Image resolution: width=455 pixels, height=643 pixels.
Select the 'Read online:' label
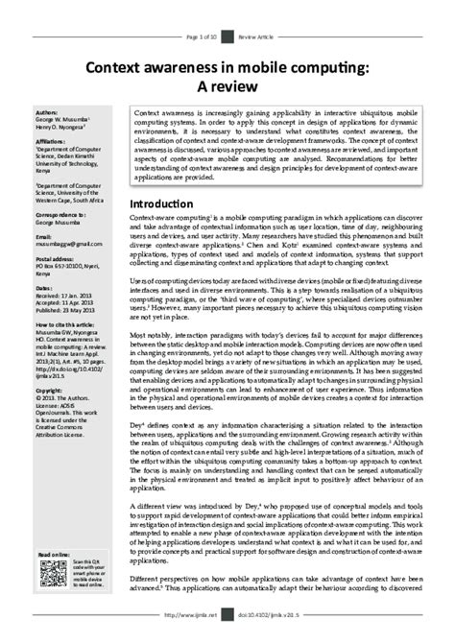[x=54, y=555]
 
